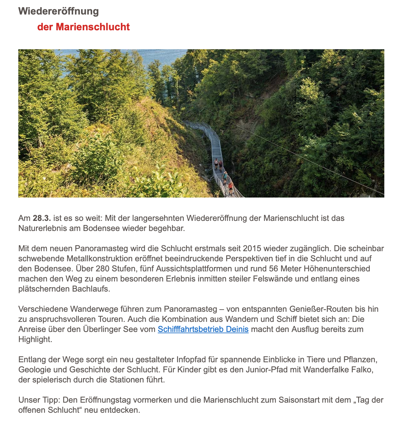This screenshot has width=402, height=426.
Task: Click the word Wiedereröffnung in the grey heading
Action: [x=58, y=11]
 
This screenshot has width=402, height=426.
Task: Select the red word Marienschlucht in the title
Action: [x=93, y=27]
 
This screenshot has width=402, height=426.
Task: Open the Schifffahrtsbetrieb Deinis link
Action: [x=203, y=329]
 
